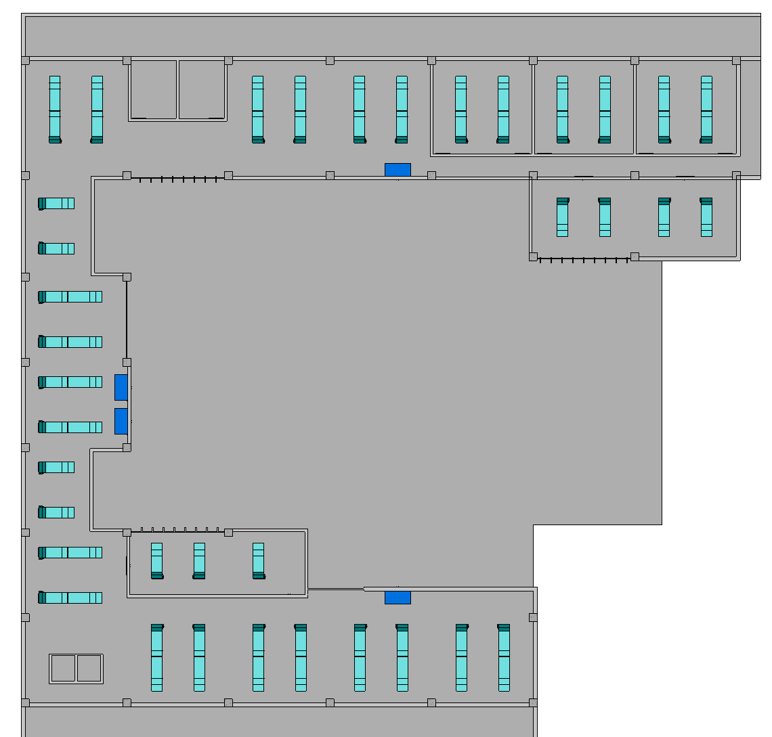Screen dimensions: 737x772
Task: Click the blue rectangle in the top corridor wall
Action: click(x=398, y=170)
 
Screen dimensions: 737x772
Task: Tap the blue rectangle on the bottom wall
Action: click(x=398, y=598)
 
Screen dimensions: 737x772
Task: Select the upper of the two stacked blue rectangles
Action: click(x=121, y=387)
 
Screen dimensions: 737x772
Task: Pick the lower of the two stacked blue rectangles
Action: click(x=121, y=421)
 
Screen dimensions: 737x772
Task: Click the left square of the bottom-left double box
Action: click(x=63, y=668)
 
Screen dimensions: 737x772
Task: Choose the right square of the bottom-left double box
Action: click(x=89, y=668)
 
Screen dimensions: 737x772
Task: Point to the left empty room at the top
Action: click(x=153, y=89)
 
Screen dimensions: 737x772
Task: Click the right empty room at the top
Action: click(x=202, y=89)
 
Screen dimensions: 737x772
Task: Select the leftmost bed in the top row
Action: click(x=55, y=109)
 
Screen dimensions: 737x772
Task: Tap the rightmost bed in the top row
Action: click(x=706, y=109)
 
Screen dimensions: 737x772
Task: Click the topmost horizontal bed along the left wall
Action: click(x=56, y=203)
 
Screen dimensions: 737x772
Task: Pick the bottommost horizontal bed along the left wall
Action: click(x=70, y=598)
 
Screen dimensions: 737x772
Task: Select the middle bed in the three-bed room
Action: click(x=199, y=560)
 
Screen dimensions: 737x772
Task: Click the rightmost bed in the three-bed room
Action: click(x=258, y=560)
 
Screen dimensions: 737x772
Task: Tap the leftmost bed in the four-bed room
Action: click(x=562, y=217)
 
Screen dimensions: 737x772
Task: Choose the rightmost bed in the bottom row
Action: click(x=504, y=657)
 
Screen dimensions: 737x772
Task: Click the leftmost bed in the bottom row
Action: click(x=157, y=657)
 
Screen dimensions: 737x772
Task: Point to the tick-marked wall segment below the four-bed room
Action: click(x=584, y=259)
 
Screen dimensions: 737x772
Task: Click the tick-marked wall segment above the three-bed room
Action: click(x=179, y=530)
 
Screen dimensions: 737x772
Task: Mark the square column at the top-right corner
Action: click(x=736, y=61)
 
